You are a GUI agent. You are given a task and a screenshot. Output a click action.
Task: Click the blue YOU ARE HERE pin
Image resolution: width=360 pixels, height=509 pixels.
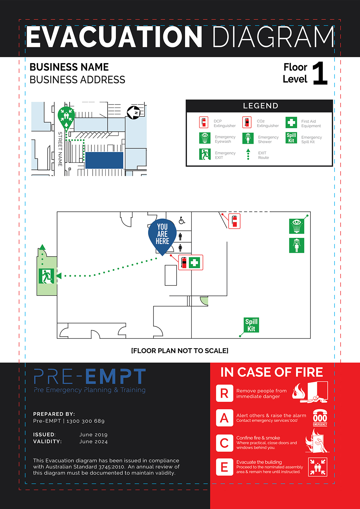pyautogui.click(x=162, y=235)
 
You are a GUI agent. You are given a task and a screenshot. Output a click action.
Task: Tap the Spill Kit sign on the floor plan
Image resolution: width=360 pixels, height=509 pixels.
pyautogui.click(x=251, y=325)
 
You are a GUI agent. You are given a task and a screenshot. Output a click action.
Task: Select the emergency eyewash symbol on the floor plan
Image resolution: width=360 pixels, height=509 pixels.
pyautogui.click(x=296, y=226)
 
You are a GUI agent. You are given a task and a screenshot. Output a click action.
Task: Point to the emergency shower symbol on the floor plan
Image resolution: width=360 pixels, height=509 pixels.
pyautogui.click(x=296, y=245)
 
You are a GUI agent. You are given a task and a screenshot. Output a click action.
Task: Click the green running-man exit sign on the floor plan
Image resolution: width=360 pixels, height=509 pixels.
pyautogui.click(x=46, y=276)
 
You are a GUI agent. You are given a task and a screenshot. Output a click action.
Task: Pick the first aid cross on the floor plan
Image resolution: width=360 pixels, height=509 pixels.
pyautogui.click(x=195, y=262)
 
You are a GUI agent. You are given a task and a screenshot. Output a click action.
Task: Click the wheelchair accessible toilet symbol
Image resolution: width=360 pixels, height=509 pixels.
pyautogui.click(x=182, y=221)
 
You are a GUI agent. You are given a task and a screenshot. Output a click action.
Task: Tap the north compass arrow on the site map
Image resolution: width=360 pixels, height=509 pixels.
pyautogui.click(x=133, y=112)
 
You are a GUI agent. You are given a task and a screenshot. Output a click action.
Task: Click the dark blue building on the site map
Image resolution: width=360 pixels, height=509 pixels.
pyautogui.click(x=104, y=160)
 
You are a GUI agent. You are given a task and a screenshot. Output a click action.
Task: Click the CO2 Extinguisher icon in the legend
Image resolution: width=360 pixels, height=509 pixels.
pyautogui.click(x=247, y=122)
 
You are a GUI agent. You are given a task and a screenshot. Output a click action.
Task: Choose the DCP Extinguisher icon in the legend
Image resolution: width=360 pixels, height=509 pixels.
pyautogui.click(x=204, y=122)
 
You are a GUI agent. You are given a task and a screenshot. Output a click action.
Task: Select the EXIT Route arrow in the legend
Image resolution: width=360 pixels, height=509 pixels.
pyautogui.click(x=248, y=154)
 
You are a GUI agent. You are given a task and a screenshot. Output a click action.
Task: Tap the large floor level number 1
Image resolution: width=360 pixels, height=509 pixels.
pyautogui.click(x=320, y=73)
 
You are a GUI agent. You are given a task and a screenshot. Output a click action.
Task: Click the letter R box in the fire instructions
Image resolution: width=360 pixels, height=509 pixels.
pyautogui.click(x=224, y=393)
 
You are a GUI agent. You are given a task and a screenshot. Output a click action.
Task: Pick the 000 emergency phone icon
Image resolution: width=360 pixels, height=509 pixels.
pyautogui.click(x=320, y=418)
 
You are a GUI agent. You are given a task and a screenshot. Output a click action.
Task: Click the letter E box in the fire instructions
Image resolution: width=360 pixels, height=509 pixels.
pyautogui.click(x=224, y=467)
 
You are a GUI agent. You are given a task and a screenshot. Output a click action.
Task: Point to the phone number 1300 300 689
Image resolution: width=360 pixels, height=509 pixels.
pyautogui.click(x=86, y=421)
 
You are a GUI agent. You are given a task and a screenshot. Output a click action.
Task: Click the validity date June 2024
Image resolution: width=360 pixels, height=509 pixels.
pyautogui.click(x=93, y=441)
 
